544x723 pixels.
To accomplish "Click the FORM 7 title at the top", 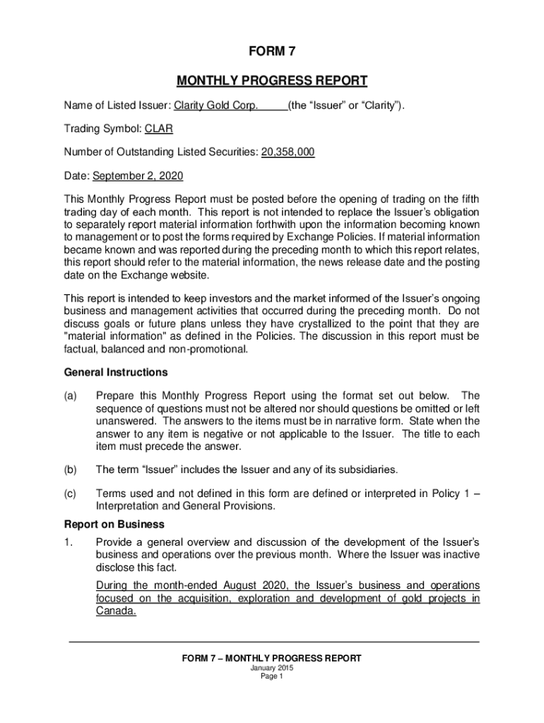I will point(272,52).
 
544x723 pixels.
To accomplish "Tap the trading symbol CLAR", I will point(159,129).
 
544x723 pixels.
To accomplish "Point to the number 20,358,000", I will point(288,152).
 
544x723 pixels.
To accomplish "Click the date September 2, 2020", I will point(138,175).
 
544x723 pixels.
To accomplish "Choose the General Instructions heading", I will point(116,372).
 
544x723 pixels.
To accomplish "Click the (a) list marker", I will point(71,395).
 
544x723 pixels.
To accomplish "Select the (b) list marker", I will point(71,470).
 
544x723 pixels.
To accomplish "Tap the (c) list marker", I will point(71,493).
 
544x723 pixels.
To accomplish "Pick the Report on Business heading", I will point(114,525).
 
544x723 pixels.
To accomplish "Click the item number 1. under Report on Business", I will point(69,542).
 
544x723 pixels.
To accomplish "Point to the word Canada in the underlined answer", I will point(115,611).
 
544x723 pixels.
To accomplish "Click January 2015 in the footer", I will point(272,667).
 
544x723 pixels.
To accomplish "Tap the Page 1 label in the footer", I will point(272,676).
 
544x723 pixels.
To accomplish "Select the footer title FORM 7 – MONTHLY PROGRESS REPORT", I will point(272,658).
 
